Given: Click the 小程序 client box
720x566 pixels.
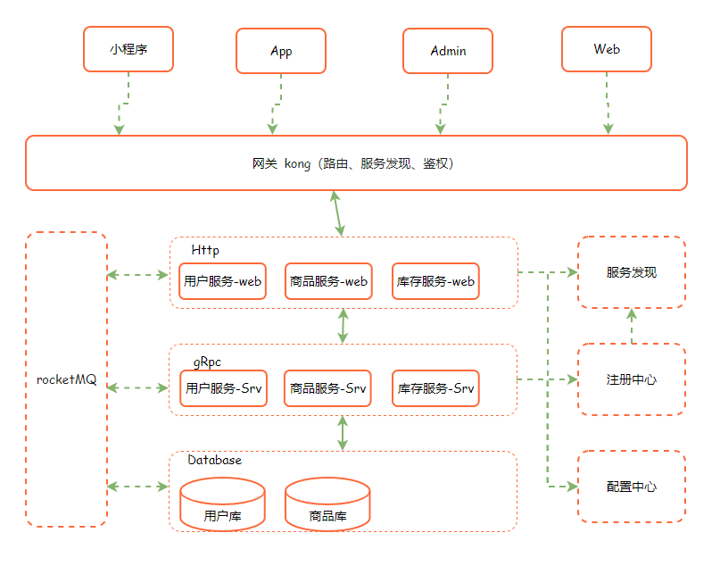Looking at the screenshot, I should (x=128, y=49).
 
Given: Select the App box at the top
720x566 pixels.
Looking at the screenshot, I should (x=281, y=51).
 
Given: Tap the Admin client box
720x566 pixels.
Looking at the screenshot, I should (x=448, y=51).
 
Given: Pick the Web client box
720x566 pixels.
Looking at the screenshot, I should (x=607, y=49).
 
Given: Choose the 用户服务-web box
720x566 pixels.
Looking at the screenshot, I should (x=223, y=281).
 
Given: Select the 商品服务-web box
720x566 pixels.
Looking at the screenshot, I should (x=328, y=281).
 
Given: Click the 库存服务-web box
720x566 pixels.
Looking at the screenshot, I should (x=435, y=281).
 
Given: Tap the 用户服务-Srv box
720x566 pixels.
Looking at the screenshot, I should (x=223, y=388).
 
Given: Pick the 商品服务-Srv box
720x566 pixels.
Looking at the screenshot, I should (x=327, y=388).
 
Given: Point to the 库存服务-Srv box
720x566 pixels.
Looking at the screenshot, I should (x=435, y=388).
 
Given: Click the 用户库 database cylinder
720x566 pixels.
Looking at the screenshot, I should (x=222, y=504).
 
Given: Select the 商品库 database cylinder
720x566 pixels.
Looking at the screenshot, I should (x=327, y=504).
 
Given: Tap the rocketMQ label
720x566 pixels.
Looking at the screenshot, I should (x=66, y=379).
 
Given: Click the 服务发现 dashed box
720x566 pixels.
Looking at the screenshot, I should (x=632, y=272).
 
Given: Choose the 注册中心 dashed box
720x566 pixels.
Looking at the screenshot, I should (x=632, y=379).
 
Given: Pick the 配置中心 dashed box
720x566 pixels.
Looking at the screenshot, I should (x=632, y=487).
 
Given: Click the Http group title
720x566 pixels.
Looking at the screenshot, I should (x=205, y=250).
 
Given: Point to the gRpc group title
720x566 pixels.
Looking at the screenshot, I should (x=207, y=362).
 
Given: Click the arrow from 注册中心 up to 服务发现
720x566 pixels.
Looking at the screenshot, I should (x=632, y=326).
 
